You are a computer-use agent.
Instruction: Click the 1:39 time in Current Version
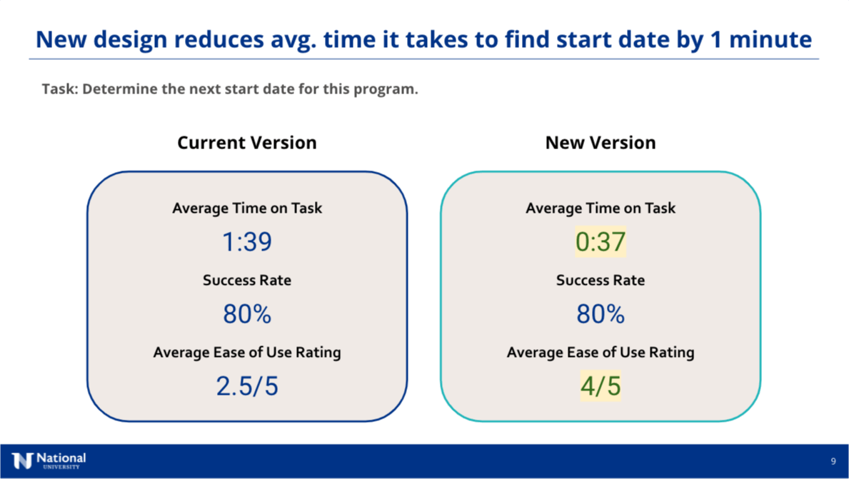[247, 242]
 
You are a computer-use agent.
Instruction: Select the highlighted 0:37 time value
[601, 242]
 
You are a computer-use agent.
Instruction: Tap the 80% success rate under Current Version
[247, 314]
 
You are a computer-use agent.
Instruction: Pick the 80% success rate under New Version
[601, 314]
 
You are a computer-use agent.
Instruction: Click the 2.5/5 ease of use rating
[247, 386]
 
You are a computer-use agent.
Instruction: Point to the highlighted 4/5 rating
[601, 386]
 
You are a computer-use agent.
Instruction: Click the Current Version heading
[247, 143]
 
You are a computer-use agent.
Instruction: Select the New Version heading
[601, 143]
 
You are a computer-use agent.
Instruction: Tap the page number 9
[833, 462]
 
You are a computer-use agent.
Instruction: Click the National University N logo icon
[22, 461]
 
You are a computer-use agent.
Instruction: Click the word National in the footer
[61, 458]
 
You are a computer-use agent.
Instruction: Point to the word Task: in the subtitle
[60, 89]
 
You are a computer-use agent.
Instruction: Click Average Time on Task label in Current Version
[247, 208]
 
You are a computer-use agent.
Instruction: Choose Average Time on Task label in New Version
[601, 208]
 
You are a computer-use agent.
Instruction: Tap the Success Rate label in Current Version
[247, 281]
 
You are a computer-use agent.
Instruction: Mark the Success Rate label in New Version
[601, 281]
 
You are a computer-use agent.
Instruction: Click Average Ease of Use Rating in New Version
[601, 353]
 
